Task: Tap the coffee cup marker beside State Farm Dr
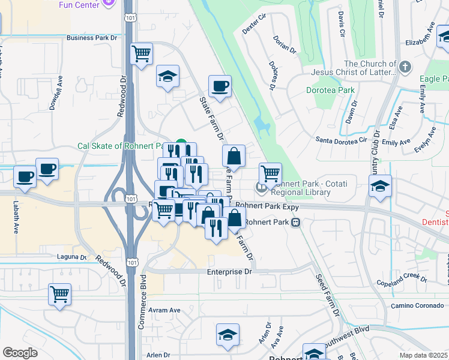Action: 220,86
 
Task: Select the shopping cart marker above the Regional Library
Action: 271,174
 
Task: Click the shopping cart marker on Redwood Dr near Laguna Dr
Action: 59,295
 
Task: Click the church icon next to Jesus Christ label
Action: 406,66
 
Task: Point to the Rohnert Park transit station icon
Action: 295,222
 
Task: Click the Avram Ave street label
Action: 164,310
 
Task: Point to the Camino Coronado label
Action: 418,305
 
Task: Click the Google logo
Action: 20,353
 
